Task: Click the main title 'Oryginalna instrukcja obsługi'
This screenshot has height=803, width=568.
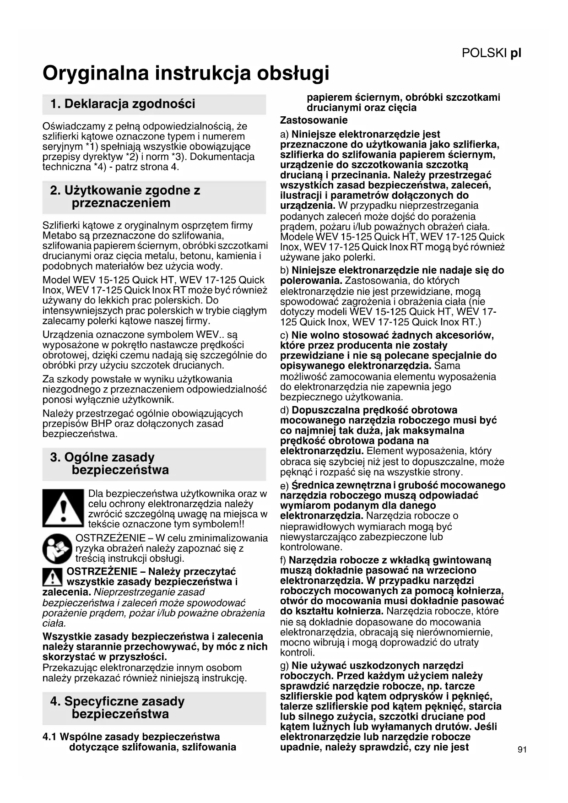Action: pos(186,73)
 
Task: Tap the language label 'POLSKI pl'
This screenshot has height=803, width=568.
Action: pos(491,53)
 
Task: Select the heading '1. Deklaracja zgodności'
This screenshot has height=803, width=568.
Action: pos(123,104)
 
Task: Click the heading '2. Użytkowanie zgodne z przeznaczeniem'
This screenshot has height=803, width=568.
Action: pos(125,197)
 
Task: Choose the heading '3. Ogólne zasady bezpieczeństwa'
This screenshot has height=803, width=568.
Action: pos(109,464)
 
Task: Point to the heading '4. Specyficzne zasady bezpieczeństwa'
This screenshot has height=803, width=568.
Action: pos(117,708)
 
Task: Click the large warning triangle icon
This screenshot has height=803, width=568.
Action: pos(64,508)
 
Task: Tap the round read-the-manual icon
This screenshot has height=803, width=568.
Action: pos(57,548)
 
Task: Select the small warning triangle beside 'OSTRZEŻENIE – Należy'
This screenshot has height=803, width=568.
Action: pos(53,577)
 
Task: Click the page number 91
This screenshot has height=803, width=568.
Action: pos(522,749)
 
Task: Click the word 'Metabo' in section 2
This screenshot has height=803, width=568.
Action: pos(58,236)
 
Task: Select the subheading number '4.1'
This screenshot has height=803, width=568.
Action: pos(50,737)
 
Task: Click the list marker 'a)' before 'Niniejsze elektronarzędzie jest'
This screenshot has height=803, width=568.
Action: pos(284,135)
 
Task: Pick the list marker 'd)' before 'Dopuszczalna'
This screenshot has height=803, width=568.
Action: pos(284,410)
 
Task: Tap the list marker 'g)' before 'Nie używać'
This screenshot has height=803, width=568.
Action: pos(284,666)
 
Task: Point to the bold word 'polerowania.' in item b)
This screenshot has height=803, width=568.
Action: pos(311,281)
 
